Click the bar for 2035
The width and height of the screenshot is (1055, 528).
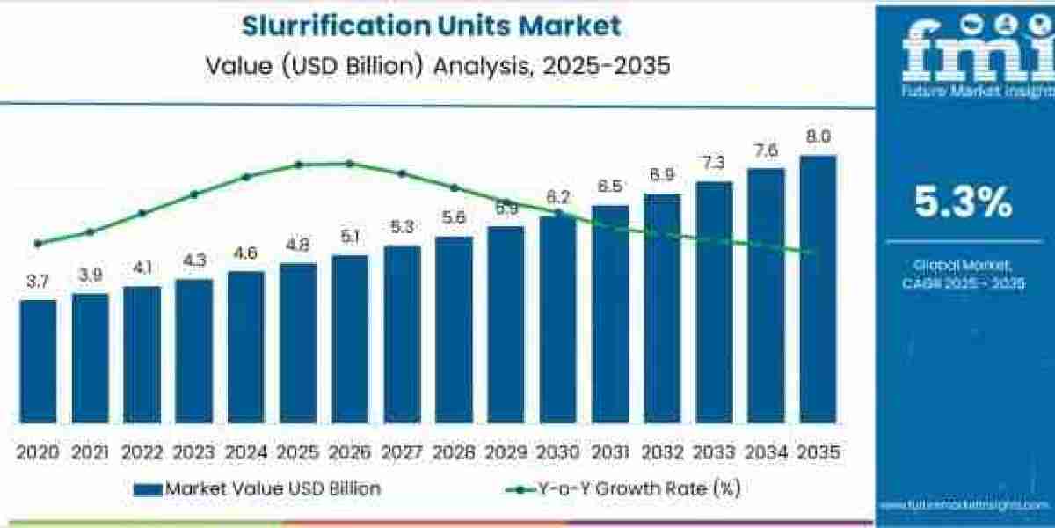818,290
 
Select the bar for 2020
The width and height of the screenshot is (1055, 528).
38,361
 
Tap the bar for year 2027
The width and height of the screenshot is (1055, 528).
402,334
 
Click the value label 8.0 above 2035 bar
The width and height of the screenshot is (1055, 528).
818,136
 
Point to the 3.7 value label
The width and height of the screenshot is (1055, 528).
38,282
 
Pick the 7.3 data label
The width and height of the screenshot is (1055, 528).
714,163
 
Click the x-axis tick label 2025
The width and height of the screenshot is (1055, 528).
298,452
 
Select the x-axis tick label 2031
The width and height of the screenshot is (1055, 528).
610,452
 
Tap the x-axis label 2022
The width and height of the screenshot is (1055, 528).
142,452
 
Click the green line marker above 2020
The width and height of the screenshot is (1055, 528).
37,244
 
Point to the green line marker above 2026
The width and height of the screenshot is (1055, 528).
349,164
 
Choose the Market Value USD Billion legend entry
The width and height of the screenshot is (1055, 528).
259,488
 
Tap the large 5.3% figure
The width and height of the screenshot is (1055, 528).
963,202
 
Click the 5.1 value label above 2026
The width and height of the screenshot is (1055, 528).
350,236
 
